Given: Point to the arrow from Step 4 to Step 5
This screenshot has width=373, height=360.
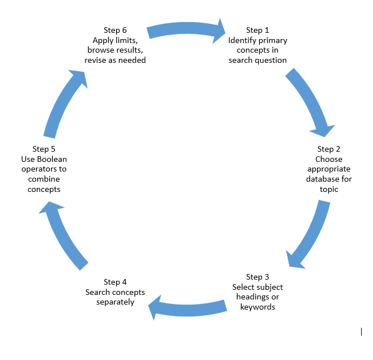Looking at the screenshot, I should click(x=62, y=235).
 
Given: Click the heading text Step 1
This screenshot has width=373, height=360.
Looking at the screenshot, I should click(x=258, y=30).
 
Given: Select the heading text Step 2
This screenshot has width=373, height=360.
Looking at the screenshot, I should click(x=329, y=149).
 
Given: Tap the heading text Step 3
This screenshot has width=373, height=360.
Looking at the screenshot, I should click(x=258, y=277).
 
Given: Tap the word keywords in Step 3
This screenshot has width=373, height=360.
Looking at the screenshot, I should click(x=258, y=307).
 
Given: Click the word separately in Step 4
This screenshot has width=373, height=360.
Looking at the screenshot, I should click(x=115, y=302).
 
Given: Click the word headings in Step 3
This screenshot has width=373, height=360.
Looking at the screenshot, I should click(x=249, y=297).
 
